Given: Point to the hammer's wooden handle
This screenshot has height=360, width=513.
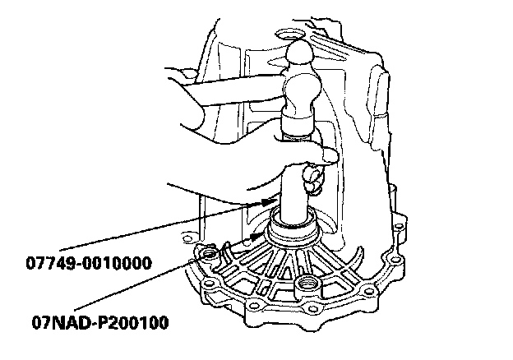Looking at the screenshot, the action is tap(222, 90).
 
